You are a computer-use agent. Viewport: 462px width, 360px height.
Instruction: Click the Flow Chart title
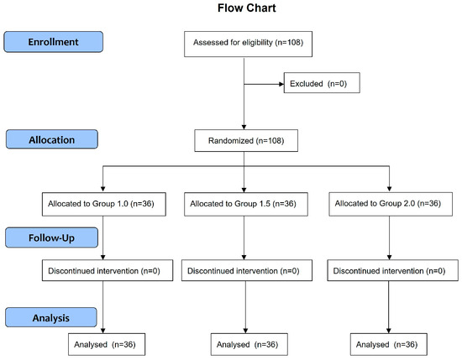tap(247, 8)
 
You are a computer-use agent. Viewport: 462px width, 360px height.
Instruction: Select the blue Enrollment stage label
tap(53, 42)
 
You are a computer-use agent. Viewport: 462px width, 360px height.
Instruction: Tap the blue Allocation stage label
tap(52, 139)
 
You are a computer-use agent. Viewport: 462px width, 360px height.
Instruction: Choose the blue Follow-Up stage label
tap(51, 237)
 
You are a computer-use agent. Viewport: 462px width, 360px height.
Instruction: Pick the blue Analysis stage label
tap(51, 317)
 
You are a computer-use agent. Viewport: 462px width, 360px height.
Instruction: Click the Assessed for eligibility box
tap(248, 44)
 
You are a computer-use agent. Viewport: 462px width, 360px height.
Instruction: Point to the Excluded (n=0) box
tap(322, 83)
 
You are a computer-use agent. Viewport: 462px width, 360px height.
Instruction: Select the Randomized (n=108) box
tap(246, 140)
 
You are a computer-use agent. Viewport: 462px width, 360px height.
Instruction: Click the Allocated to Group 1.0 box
tap(104, 204)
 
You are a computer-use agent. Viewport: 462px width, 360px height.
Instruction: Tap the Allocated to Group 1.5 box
tap(246, 204)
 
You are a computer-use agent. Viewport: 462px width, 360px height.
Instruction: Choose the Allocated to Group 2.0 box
tap(391, 204)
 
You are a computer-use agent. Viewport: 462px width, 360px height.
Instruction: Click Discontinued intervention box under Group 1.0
tap(108, 270)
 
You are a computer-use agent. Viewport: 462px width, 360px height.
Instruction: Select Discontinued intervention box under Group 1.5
tap(247, 270)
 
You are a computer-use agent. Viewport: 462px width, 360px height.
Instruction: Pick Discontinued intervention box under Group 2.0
tap(393, 270)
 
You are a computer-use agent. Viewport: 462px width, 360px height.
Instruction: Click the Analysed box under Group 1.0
tap(107, 344)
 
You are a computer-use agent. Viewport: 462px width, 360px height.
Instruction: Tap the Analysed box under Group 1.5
tap(249, 344)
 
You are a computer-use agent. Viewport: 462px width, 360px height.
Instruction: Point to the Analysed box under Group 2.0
tap(389, 344)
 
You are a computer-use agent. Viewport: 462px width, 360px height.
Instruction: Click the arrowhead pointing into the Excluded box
tap(281, 84)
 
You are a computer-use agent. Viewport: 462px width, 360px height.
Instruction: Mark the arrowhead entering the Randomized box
tap(244, 128)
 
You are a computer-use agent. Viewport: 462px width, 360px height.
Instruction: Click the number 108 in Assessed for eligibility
tap(294, 43)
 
